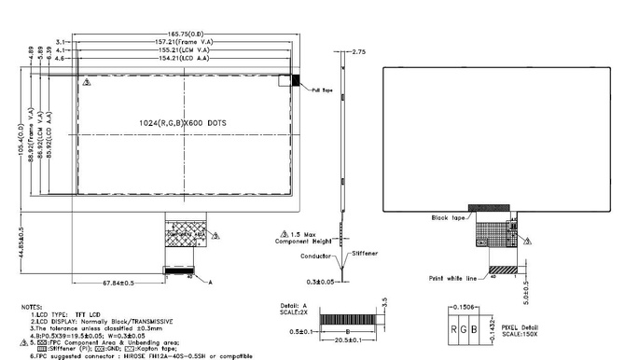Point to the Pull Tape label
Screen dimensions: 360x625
click(x=323, y=90)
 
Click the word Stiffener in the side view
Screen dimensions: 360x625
click(x=368, y=251)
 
